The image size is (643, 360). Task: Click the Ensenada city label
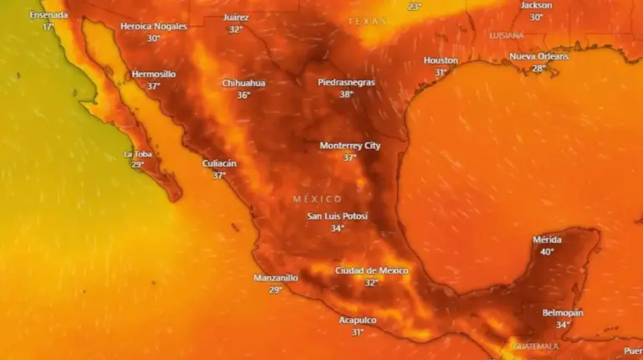coord(48,15)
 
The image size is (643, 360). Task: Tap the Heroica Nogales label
coord(153,26)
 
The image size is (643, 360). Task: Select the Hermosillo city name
coord(153,75)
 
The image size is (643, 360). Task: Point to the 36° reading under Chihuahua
coord(244,95)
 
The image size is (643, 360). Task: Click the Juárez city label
coord(236,18)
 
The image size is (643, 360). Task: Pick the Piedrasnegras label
coord(347,82)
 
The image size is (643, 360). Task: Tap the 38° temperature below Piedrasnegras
coord(347,95)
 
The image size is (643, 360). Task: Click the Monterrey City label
coord(350,146)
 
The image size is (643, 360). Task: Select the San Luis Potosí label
coord(337,216)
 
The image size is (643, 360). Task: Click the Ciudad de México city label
coord(372,270)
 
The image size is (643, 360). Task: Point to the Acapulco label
coord(358,320)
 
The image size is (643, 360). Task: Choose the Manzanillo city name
coord(275,278)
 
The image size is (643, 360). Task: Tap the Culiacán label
coord(219,163)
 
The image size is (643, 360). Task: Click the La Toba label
coord(138,154)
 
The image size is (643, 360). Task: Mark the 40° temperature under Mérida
coord(548,252)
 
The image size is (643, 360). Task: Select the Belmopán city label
coord(563,312)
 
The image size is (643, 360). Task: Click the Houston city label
coord(440,60)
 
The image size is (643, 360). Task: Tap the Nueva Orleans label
coord(538,56)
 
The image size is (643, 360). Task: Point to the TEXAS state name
coord(368,21)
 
